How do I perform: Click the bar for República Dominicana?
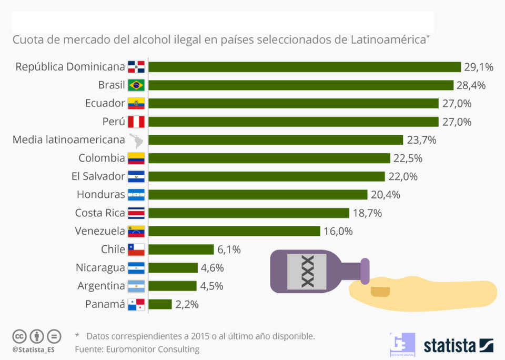305,67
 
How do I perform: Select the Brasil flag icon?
136,85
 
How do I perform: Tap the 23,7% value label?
421,140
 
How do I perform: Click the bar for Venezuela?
234,231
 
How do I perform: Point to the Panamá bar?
160,304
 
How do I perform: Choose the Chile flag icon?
136,249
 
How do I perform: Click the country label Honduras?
100,195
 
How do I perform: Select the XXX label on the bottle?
307,271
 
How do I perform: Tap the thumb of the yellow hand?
380,291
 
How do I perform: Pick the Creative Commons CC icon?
19,336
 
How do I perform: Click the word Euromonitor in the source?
127,349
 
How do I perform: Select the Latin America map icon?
136,140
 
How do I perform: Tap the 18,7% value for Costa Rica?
367,213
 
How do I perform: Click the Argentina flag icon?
136,286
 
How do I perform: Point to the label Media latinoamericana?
68,140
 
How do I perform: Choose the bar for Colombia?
269,158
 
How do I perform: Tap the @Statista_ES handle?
34,349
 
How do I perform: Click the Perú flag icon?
136,122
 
